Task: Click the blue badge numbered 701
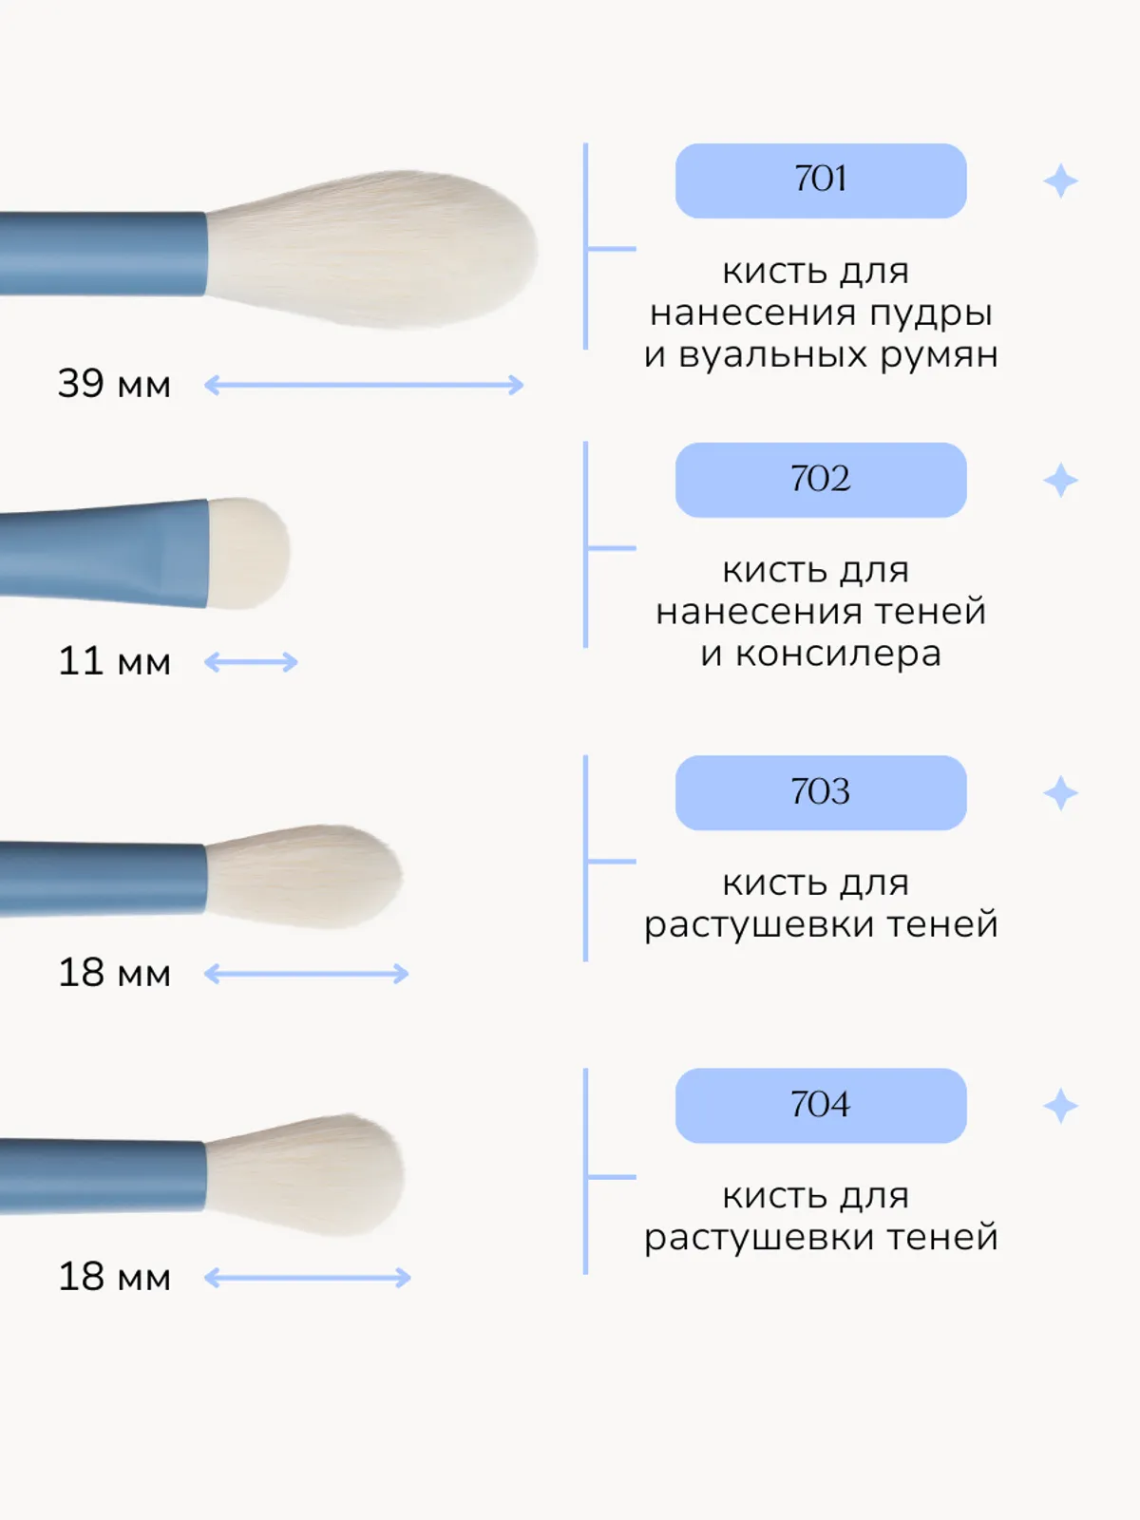click(821, 180)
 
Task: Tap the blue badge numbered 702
click(821, 480)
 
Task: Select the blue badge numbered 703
click(821, 792)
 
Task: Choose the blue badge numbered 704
click(821, 1105)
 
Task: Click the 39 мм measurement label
click(114, 384)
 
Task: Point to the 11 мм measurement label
click(114, 661)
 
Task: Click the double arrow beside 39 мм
click(364, 385)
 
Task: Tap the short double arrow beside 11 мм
click(251, 662)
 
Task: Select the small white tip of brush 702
click(249, 552)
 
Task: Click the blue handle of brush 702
click(104, 554)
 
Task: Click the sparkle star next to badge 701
click(1060, 180)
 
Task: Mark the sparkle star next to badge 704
click(1060, 1106)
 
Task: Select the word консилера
click(838, 654)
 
